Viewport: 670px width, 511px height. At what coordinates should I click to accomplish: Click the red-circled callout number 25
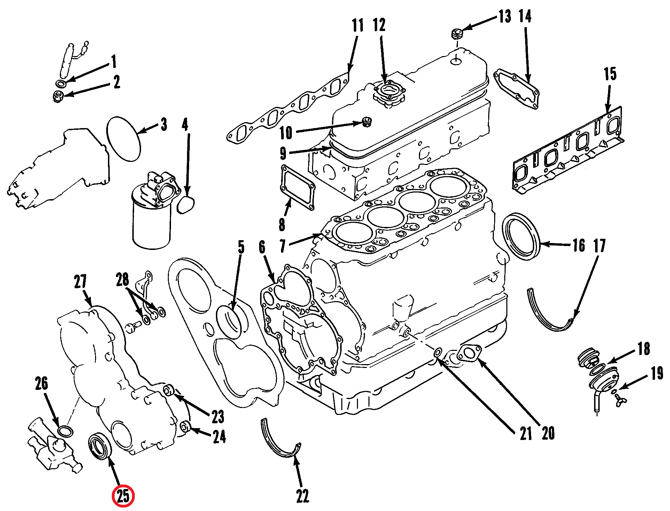123,496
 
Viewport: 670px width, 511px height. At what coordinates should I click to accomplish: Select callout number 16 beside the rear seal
579,245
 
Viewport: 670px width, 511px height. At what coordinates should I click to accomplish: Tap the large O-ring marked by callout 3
124,139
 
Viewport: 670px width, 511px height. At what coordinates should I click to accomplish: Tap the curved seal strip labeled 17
547,317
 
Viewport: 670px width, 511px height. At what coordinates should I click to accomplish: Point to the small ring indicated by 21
438,353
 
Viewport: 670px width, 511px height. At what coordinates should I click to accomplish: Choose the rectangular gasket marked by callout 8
297,187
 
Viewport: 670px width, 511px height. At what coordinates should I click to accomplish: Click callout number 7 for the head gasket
283,245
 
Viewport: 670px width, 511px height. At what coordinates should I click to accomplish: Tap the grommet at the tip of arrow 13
457,34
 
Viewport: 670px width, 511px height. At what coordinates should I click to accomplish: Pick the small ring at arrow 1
62,84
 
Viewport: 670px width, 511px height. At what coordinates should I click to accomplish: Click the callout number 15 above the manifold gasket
610,74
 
